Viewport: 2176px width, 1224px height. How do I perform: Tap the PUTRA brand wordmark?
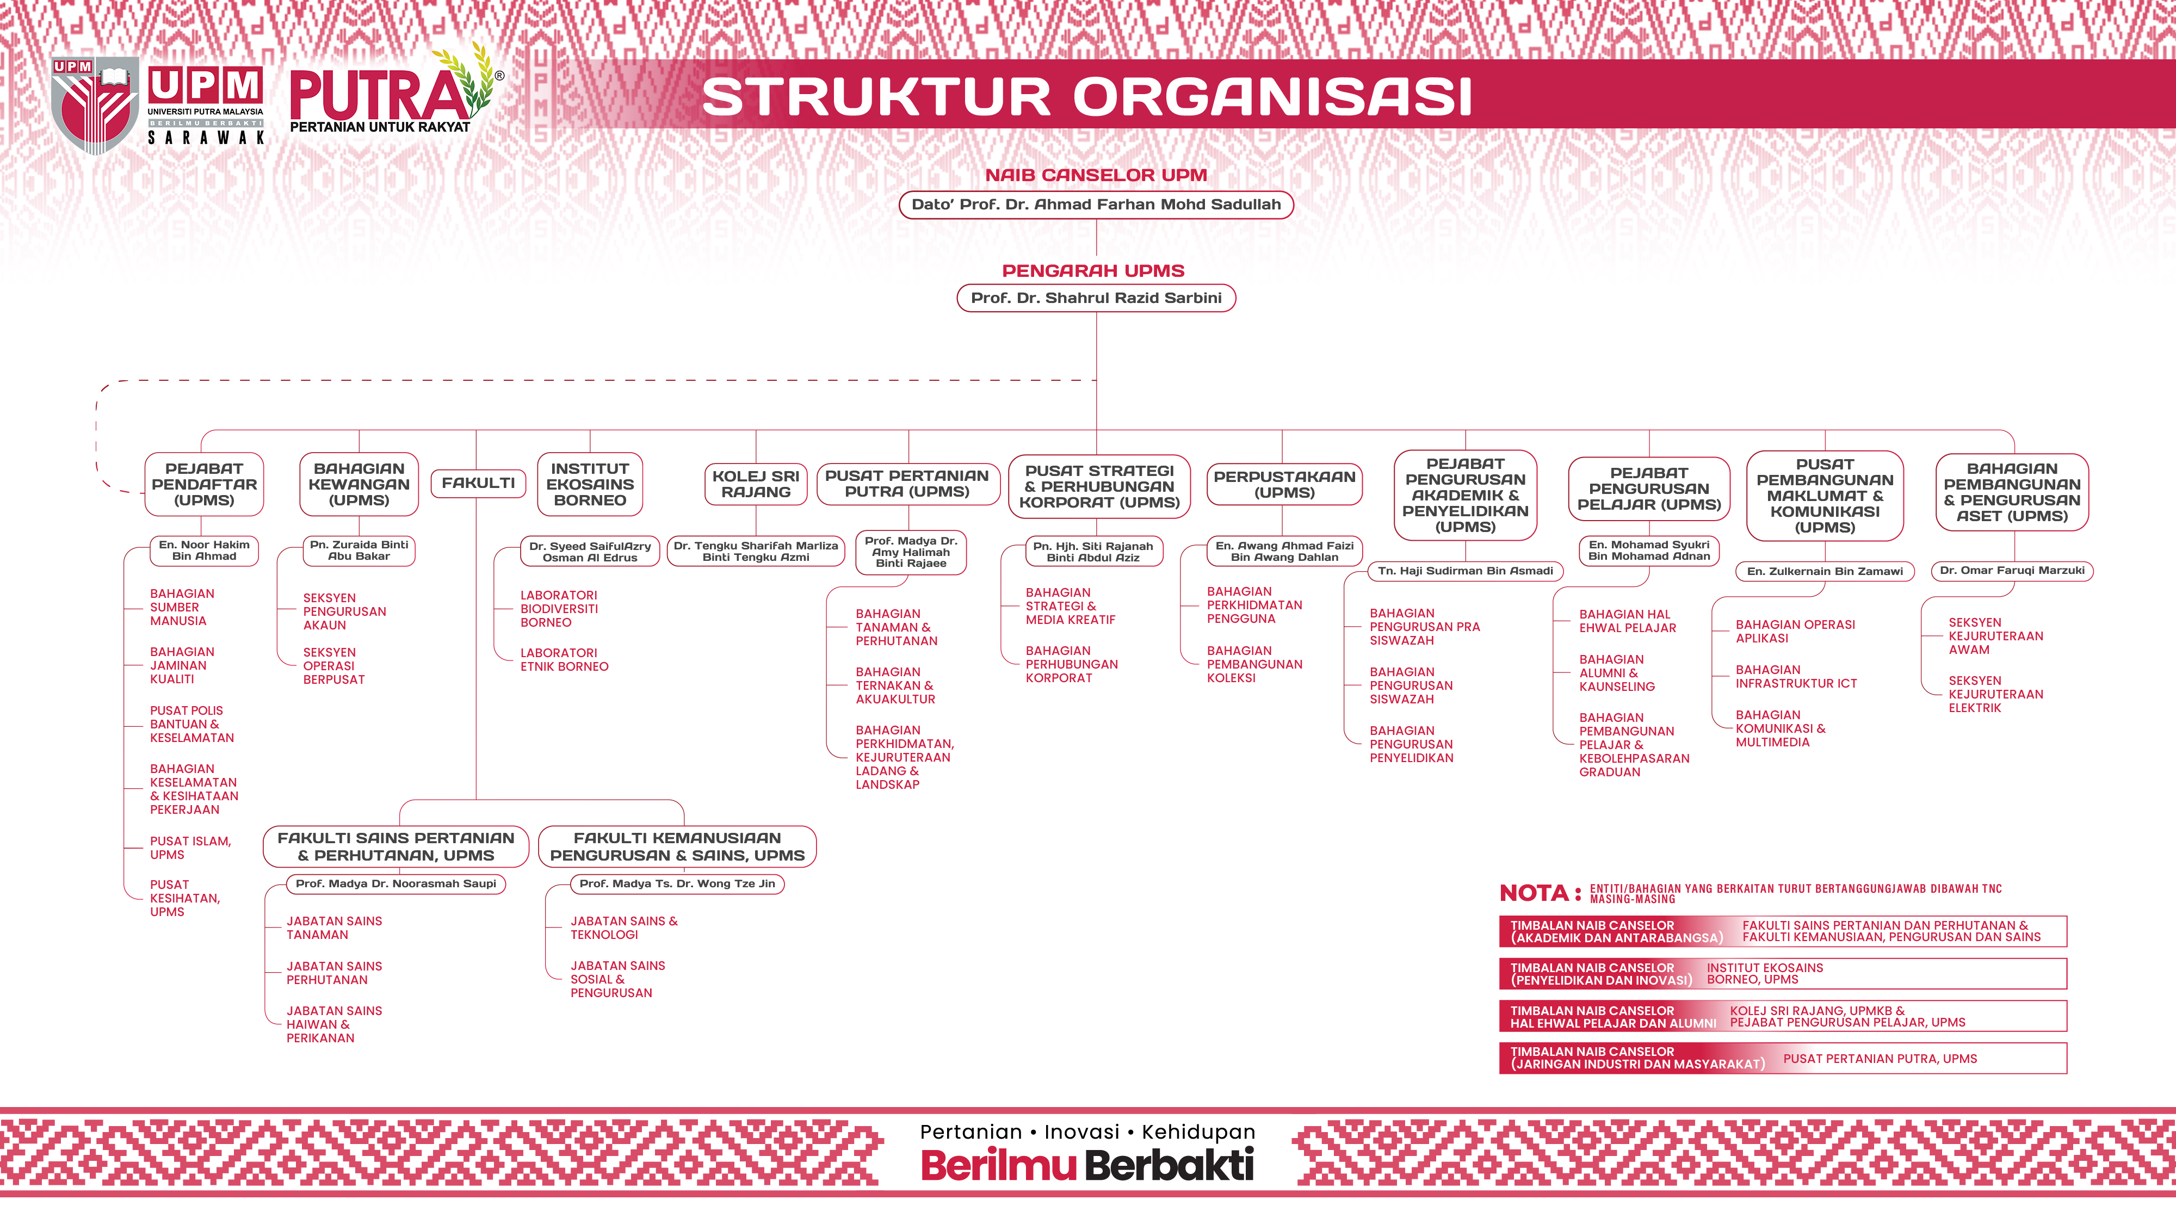[x=380, y=95]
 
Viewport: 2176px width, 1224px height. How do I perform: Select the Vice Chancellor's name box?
[x=1096, y=205]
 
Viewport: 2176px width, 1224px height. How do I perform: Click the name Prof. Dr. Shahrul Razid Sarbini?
[x=1096, y=298]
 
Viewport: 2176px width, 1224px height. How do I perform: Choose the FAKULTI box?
[x=478, y=483]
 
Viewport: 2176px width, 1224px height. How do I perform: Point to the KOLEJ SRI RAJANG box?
[x=755, y=484]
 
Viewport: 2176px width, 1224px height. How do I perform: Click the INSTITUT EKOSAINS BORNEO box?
[x=590, y=484]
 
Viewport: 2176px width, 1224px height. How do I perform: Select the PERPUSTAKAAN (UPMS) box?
[x=1284, y=484]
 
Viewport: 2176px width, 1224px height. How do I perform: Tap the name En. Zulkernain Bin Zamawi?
[x=1825, y=571]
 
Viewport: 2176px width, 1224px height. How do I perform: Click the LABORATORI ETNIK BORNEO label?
[x=564, y=660]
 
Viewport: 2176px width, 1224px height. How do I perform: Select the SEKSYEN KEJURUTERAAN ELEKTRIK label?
[x=1995, y=694]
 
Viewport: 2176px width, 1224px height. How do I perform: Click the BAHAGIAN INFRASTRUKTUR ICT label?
[x=1796, y=677]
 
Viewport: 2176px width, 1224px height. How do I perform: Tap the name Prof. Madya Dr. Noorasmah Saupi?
[x=395, y=883]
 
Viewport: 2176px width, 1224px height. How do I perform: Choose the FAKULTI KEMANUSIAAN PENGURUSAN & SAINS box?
[x=677, y=846]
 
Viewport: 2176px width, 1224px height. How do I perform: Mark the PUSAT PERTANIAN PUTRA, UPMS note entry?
[x=1880, y=1059]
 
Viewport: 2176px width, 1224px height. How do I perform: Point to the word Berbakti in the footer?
[x=1169, y=1166]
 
